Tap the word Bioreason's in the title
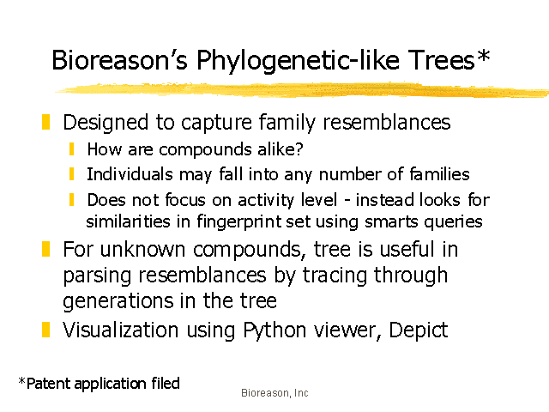click(x=119, y=59)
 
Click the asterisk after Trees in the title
click(x=483, y=55)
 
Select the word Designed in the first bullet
click(x=106, y=122)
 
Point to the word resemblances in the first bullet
click(x=387, y=122)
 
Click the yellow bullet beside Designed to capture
click(x=45, y=122)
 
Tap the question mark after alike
click(x=299, y=148)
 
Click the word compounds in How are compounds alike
click(x=205, y=150)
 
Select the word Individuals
click(x=130, y=174)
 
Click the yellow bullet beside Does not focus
click(x=72, y=200)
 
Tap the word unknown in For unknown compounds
click(x=142, y=250)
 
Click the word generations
click(x=118, y=301)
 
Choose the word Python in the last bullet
click(x=274, y=330)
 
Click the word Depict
click(x=418, y=330)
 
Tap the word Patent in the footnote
click(x=49, y=384)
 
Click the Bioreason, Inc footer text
click(x=274, y=393)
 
